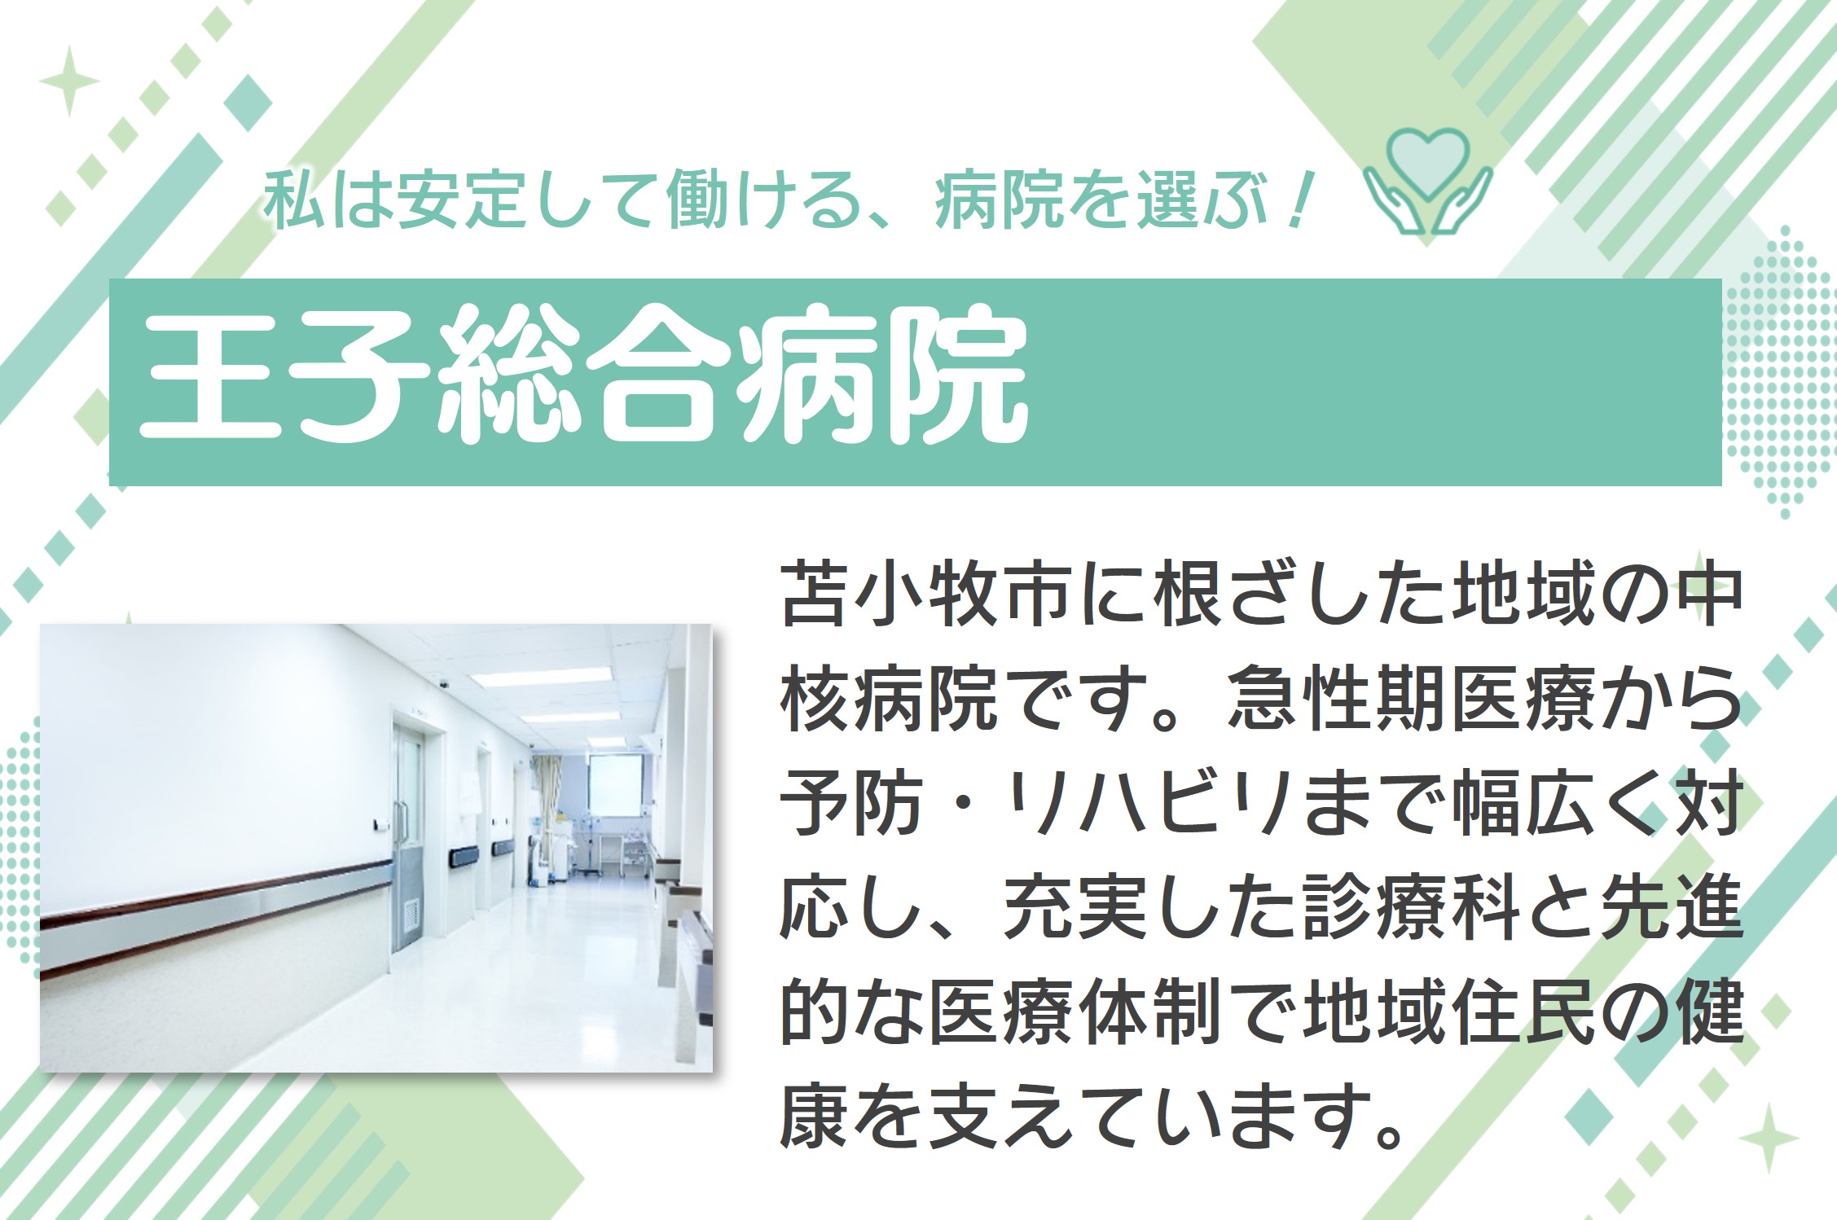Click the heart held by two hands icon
(x=1427, y=181)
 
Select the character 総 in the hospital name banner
(x=508, y=375)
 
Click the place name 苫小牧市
(x=924, y=594)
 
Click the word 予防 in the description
(x=850, y=802)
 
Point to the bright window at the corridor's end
(x=615, y=784)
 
